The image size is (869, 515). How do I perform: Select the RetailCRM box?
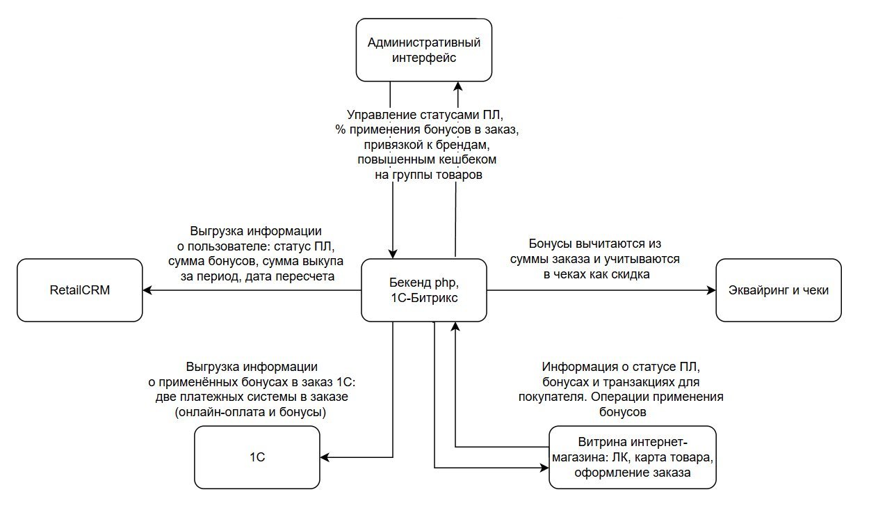click(80, 290)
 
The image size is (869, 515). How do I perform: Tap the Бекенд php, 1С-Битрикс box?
click(424, 290)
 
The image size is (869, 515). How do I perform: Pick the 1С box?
click(257, 457)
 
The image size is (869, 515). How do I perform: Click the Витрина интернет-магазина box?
click(632, 457)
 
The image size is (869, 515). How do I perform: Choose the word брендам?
click(464, 145)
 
